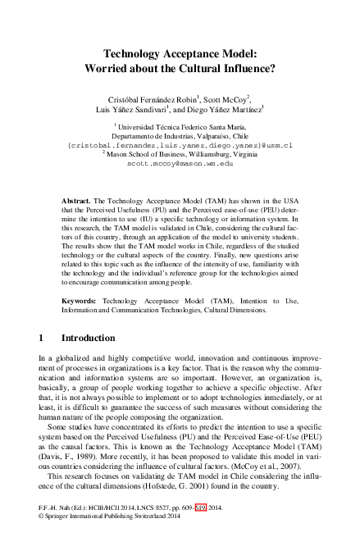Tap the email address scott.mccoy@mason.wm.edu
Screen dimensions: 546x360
(180, 164)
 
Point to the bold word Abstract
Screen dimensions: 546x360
(77, 200)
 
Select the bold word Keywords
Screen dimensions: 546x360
(80, 301)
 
